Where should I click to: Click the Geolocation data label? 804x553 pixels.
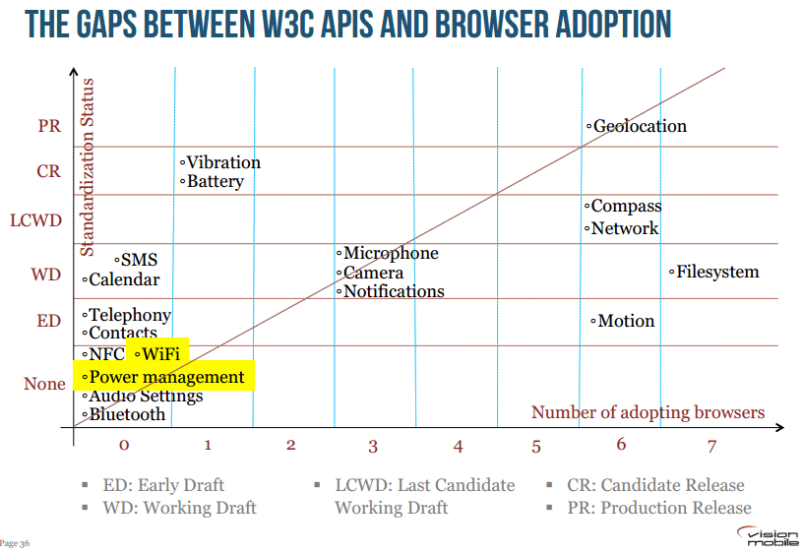pyautogui.click(x=639, y=126)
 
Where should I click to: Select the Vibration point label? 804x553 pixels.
pyautogui.click(x=223, y=162)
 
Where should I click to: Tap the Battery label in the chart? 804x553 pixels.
pyautogui.click(x=215, y=181)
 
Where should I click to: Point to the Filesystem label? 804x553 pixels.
pyautogui.click(x=717, y=272)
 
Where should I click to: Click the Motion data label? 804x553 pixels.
pyautogui.click(x=625, y=321)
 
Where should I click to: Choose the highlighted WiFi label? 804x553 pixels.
pyautogui.click(x=159, y=354)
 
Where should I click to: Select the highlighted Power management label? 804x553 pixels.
pyautogui.click(x=166, y=377)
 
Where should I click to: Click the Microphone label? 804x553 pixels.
pyautogui.click(x=390, y=254)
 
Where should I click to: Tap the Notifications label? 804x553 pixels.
pyautogui.click(x=393, y=291)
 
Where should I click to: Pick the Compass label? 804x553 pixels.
pyautogui.click(x=625, y=207)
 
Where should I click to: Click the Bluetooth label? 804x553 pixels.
pyautogui.click(x=127, y=414)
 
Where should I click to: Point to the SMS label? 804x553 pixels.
pyautogui.click(x=138, y=260)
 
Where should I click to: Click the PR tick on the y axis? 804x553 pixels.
pyautogui.click(x=49, y=126)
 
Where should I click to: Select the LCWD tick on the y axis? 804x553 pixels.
pyautogui.click(x=35, y=220)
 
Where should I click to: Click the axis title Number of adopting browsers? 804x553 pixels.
pyautogui.click(x=648, y=412)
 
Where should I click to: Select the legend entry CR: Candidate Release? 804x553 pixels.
pyautogui.click(x=655, y=485)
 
